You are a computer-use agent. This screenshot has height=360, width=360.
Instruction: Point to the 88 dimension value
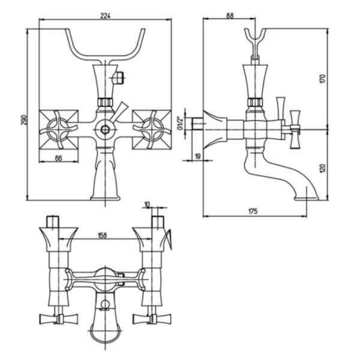(x=230, y=17)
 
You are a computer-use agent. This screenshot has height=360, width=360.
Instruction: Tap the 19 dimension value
(x=197, y=157)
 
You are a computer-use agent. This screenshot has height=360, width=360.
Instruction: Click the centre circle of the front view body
(x=106, y=128)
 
